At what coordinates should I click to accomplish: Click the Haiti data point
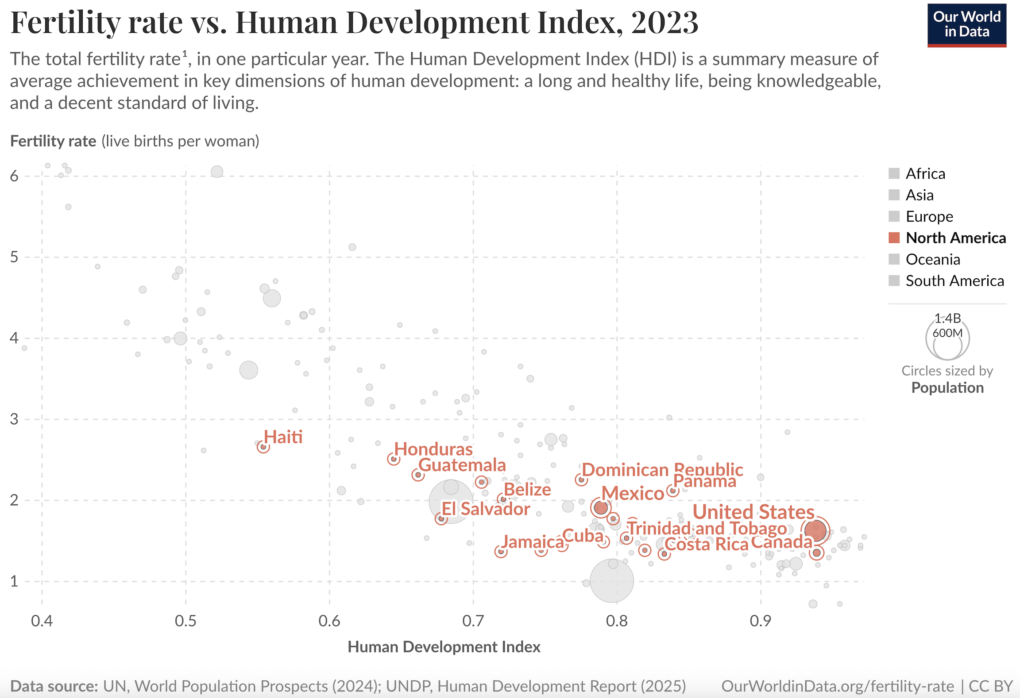[x=263, y=447]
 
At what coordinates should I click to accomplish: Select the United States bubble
[x=815, y=530]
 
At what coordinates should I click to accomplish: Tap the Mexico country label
[x=633, y=493]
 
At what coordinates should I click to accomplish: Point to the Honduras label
[x=433, y=449]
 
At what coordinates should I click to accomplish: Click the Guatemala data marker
[x=418, y=475]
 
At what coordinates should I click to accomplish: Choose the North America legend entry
[x=955, y=238]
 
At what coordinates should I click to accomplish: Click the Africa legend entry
[x=925, y=174]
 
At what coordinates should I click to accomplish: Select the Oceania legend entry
[x=932, y=260]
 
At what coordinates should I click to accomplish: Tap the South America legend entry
[x=954, y=281]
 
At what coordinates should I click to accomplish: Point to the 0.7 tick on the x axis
[x=473, y=621]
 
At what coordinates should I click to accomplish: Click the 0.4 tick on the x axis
[x=42, y=621]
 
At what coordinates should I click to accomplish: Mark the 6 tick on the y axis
[x=15, y=176]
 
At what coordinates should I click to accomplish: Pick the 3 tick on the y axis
[x=15, y=419]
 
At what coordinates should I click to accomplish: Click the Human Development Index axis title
[x=444, y=647]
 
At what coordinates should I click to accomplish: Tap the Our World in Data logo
[x=966, y=25]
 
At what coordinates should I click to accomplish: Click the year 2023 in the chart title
[x=665, y=22]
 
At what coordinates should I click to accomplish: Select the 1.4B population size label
[x=947, y=318]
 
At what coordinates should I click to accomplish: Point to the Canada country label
[x=782, y=542]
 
